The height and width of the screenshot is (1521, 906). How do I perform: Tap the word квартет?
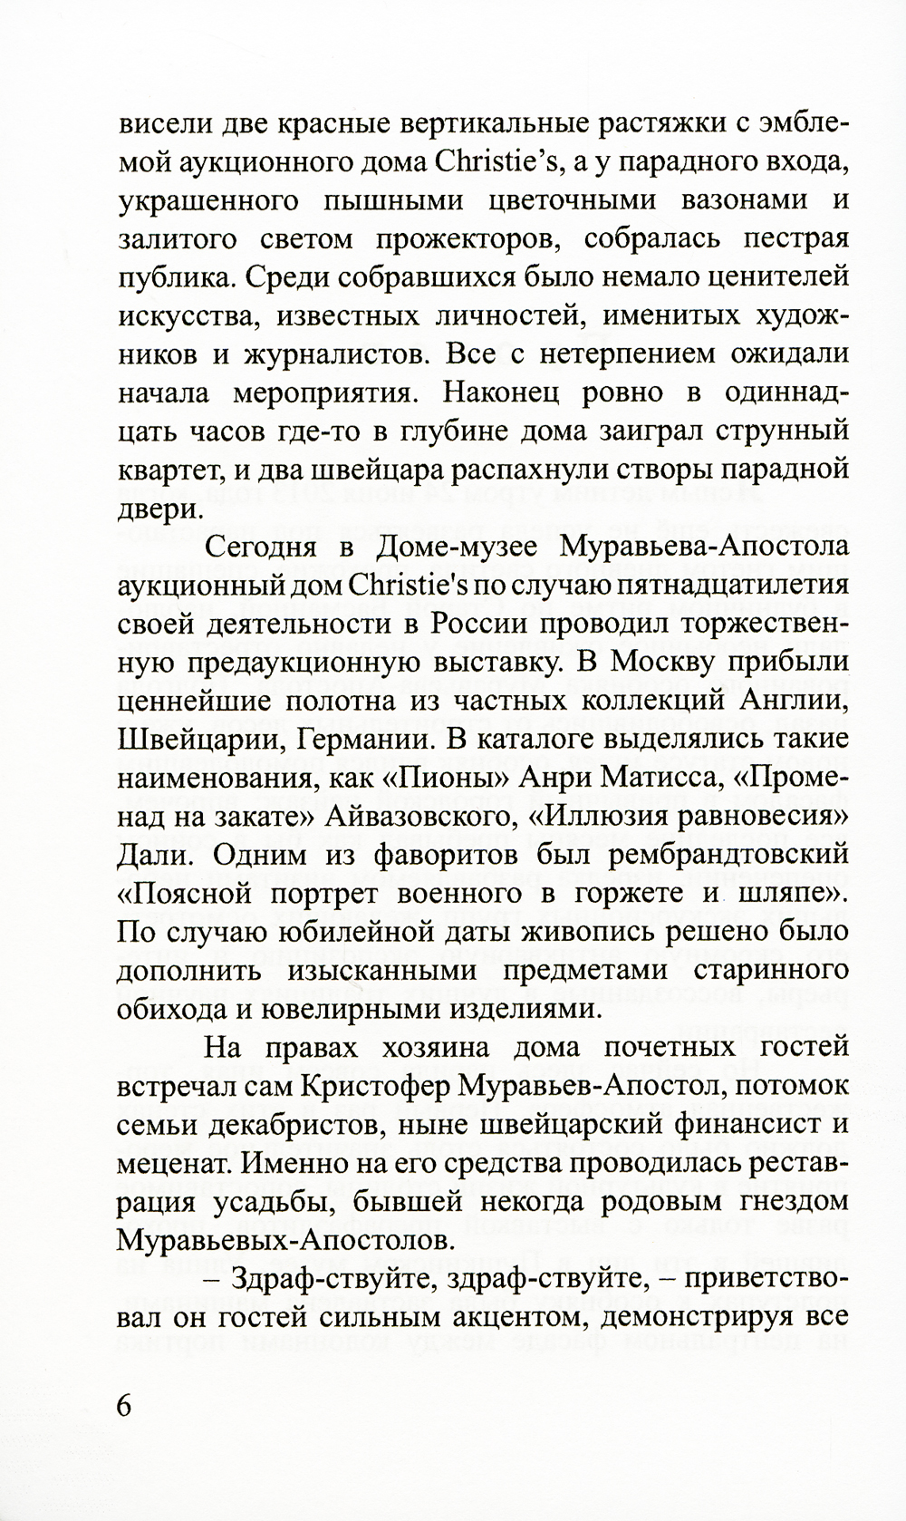[169, 471]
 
